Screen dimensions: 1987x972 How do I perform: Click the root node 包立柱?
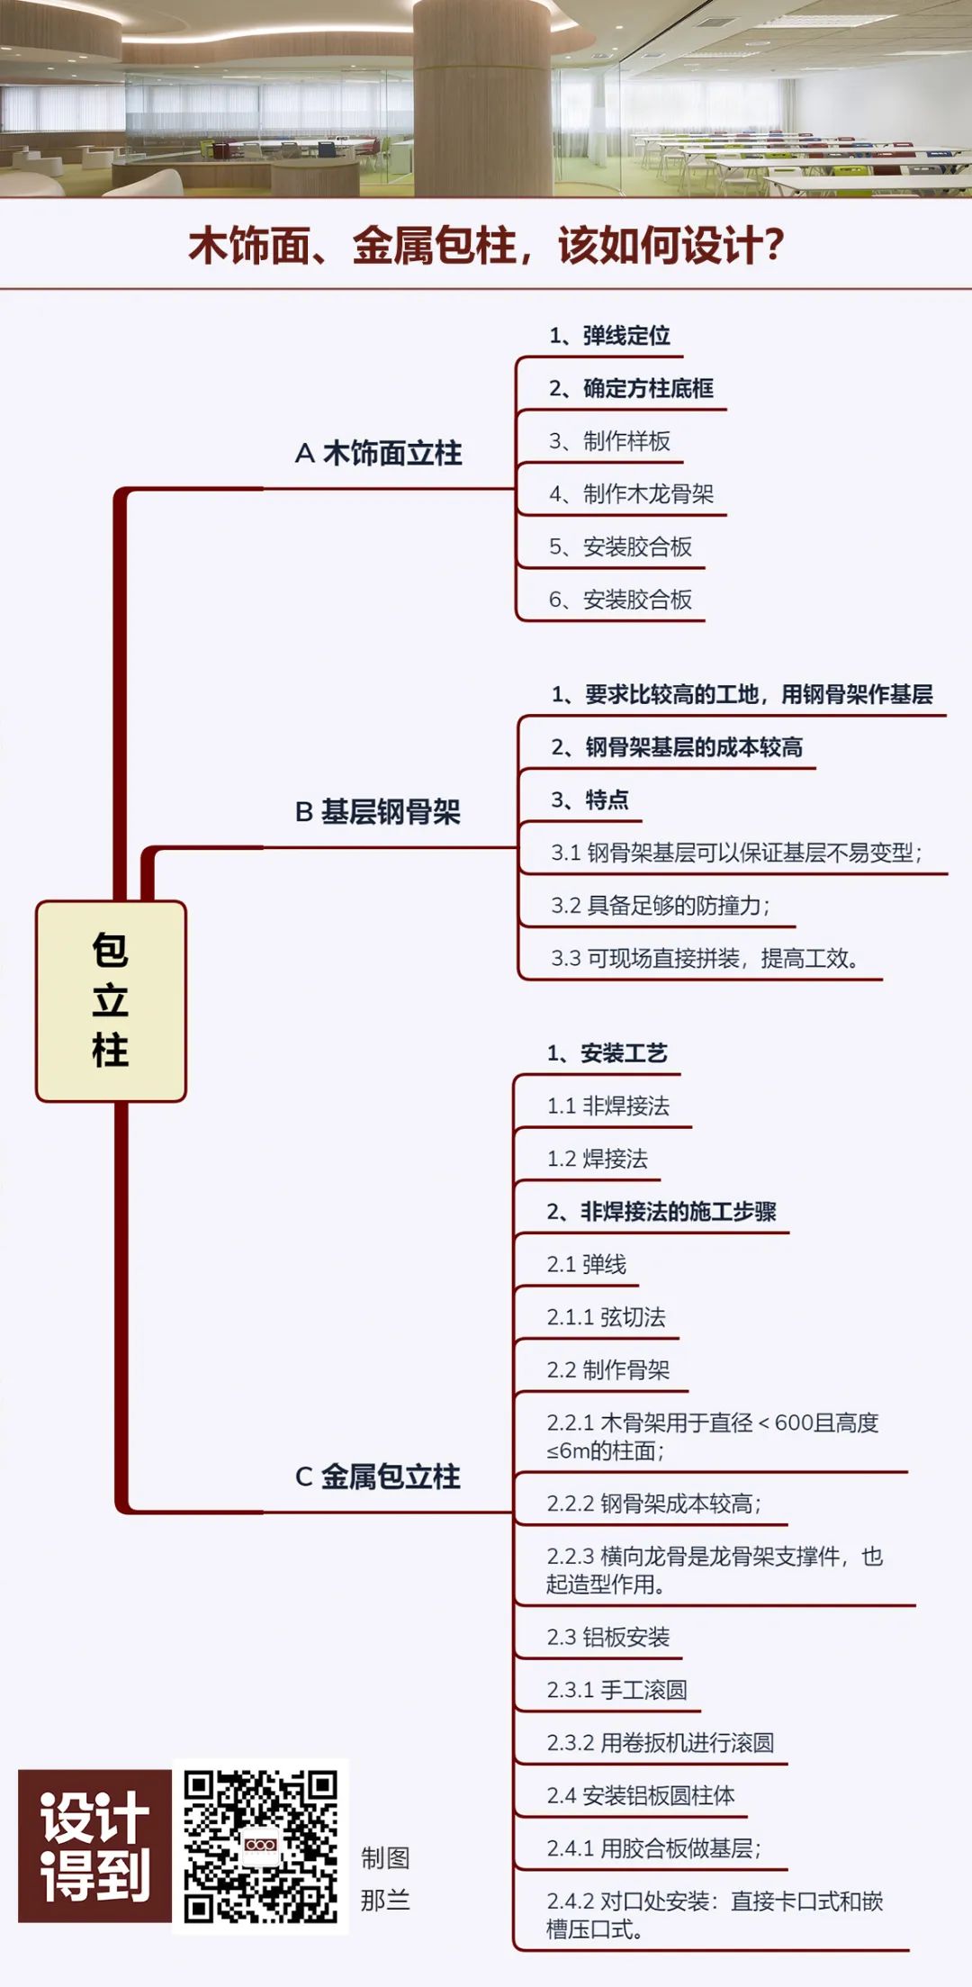[111, 1001]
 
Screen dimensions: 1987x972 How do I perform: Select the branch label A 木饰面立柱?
[378, 453]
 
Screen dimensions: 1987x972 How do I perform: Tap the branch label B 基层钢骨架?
[378, 812]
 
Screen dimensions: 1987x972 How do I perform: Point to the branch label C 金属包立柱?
[378, 1477]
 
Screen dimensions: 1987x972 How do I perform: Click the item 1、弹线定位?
[609, 336]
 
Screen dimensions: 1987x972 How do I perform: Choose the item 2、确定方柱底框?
[631, 388]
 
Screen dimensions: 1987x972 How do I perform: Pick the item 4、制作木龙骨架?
[631, 494]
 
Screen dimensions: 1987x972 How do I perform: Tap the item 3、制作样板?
[609, 441]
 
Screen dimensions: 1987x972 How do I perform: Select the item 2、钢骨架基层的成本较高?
[677, 747]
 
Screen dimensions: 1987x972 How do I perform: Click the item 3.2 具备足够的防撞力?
[661, 905]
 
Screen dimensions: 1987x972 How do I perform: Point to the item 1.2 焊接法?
[598, 1159]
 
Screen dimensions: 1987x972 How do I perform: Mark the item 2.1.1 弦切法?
[607, 1317]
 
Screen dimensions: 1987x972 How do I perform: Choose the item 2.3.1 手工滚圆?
[617, 1690]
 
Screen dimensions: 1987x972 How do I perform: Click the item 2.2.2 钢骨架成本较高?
[654, 1504]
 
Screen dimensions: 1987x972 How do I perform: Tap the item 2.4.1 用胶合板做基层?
[654, 1848]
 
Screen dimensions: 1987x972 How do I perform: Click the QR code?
[260, 1846]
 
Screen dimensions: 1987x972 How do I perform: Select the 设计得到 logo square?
[94, 1846]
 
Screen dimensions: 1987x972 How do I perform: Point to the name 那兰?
[385, 1901]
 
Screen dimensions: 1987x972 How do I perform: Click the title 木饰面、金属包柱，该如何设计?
[486, 245]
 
